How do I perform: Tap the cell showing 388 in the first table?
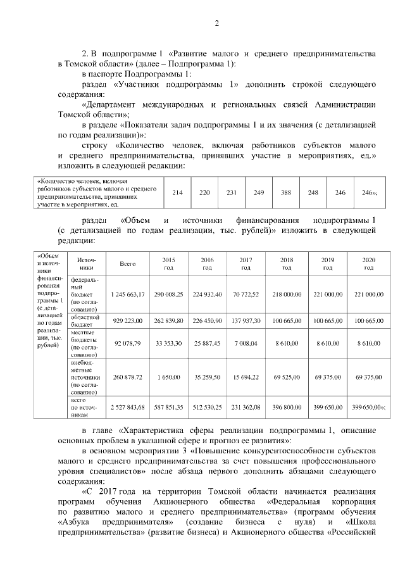pos(285,192)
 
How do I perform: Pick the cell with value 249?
pos(258,192)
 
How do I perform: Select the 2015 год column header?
pos(168,264)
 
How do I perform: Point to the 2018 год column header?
pos(287,264)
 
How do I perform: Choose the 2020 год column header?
pos(369,264)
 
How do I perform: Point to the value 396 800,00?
pos(287,406)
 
